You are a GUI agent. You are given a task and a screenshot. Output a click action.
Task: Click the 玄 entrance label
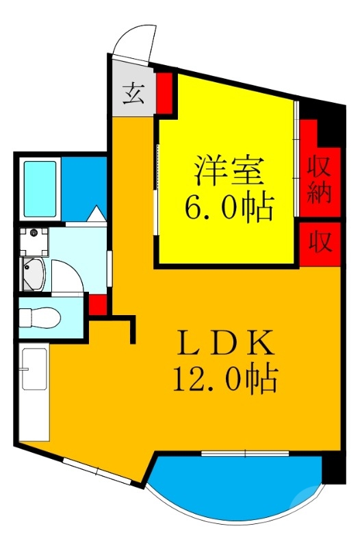pos(133,95)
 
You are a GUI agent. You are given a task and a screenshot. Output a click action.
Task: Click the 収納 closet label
pos(319,179)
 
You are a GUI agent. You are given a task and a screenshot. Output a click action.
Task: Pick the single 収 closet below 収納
pos(320,242)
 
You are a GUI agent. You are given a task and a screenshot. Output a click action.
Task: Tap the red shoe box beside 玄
pos(164,92)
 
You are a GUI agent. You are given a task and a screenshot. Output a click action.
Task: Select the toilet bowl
pos(39,318)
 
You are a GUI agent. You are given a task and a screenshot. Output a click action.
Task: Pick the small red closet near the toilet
pos(98,303)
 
